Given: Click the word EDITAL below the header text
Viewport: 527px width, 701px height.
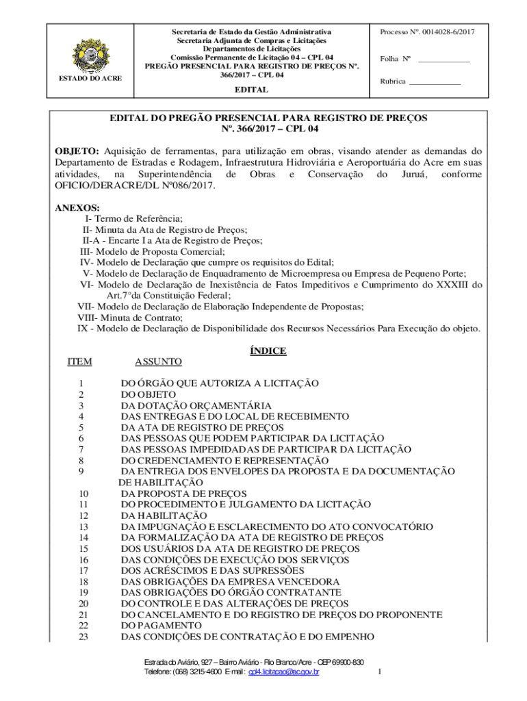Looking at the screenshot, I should [x=251, y=90].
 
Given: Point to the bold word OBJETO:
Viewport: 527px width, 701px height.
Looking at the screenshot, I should [x=78, y=151].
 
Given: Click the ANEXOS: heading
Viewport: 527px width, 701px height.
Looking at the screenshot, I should [x=77, y=207].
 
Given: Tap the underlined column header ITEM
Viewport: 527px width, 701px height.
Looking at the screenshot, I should [x=79, y=361].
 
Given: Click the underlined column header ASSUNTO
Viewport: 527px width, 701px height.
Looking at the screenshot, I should [x=158, y=361].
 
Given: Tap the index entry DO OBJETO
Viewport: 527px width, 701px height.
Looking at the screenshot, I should [x=149, y=395].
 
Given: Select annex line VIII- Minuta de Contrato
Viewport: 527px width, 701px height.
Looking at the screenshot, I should [x=130, y=318].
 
